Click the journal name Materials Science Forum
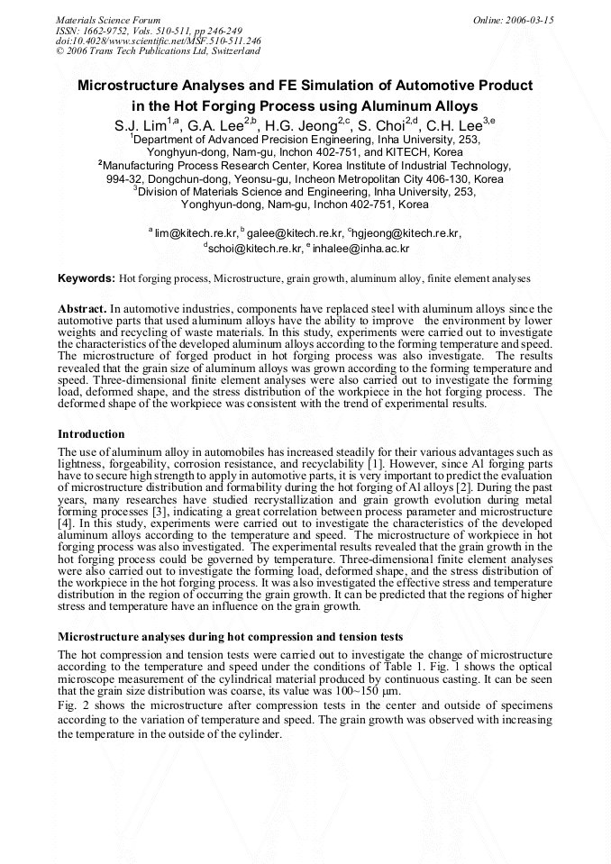click(108, 19)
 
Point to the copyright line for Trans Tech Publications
click(158, 51)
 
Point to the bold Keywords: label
click(87, 279)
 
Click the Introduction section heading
click(91, 434)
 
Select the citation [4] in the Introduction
click(66, 521)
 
